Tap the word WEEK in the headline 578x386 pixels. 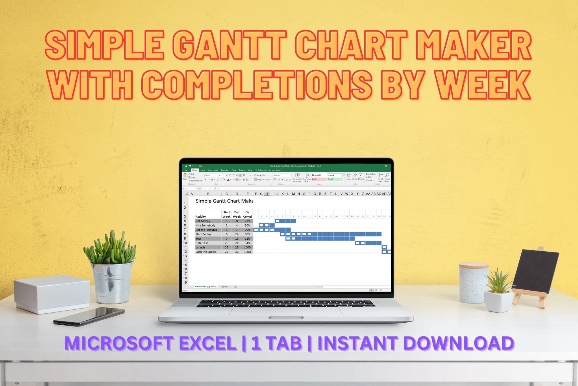483,85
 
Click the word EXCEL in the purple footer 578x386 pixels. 206,343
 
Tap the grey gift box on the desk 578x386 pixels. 52,293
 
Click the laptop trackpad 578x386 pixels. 284,311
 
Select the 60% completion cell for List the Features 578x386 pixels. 248,230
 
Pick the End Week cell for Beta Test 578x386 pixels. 237,243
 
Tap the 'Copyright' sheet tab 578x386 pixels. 224,287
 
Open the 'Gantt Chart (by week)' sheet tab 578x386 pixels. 205,287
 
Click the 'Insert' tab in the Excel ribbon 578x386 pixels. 203,170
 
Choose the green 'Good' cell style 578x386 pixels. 335,179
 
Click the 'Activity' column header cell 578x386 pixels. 208,217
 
